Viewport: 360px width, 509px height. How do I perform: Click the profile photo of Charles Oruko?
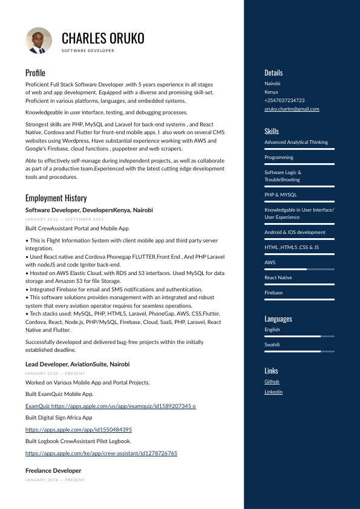point(39,40)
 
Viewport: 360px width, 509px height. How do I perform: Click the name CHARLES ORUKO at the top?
point(103,39)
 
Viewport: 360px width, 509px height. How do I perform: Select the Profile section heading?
point(35,73)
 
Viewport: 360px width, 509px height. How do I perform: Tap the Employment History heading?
point(56,198)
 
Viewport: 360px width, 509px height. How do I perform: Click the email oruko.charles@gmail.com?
point(292,109)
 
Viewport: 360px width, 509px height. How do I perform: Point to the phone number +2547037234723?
point(284,100)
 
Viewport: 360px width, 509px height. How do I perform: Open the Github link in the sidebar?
point(272,381)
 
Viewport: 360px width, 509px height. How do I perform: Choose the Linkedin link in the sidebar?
point(273,392)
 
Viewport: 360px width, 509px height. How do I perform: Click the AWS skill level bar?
point(299,269)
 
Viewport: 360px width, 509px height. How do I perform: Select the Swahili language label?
point(272,345)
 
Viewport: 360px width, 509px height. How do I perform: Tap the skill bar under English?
point(299,336)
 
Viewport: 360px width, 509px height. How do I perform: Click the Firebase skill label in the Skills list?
point(273,293)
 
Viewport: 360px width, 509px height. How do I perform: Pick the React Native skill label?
point(278,277)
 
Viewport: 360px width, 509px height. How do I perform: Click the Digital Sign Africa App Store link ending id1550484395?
point(79,429)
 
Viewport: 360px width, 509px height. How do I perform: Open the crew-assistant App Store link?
point(101,453)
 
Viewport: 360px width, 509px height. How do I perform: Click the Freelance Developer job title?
point(53,470)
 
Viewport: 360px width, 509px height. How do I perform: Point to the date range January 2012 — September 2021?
point(65,219)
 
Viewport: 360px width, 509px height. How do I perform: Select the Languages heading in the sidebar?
point(278,319)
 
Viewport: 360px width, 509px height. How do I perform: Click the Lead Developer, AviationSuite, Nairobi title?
point(77,365)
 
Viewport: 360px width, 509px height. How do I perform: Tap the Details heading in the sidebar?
point(273,73)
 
